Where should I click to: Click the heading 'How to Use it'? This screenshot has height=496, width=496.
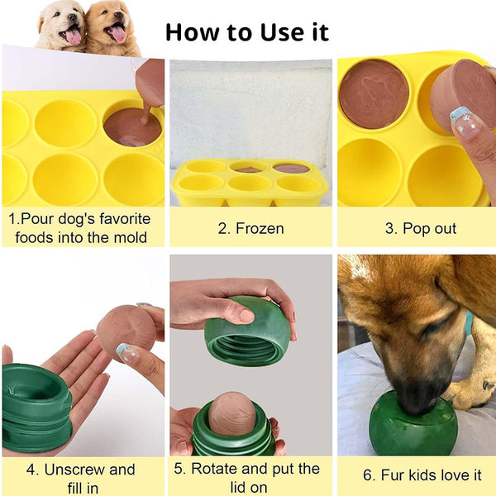click(246, 32)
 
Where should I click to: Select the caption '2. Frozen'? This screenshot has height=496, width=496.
click(250, 227)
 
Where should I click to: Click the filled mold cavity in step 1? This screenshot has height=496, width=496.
click(132, 126)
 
